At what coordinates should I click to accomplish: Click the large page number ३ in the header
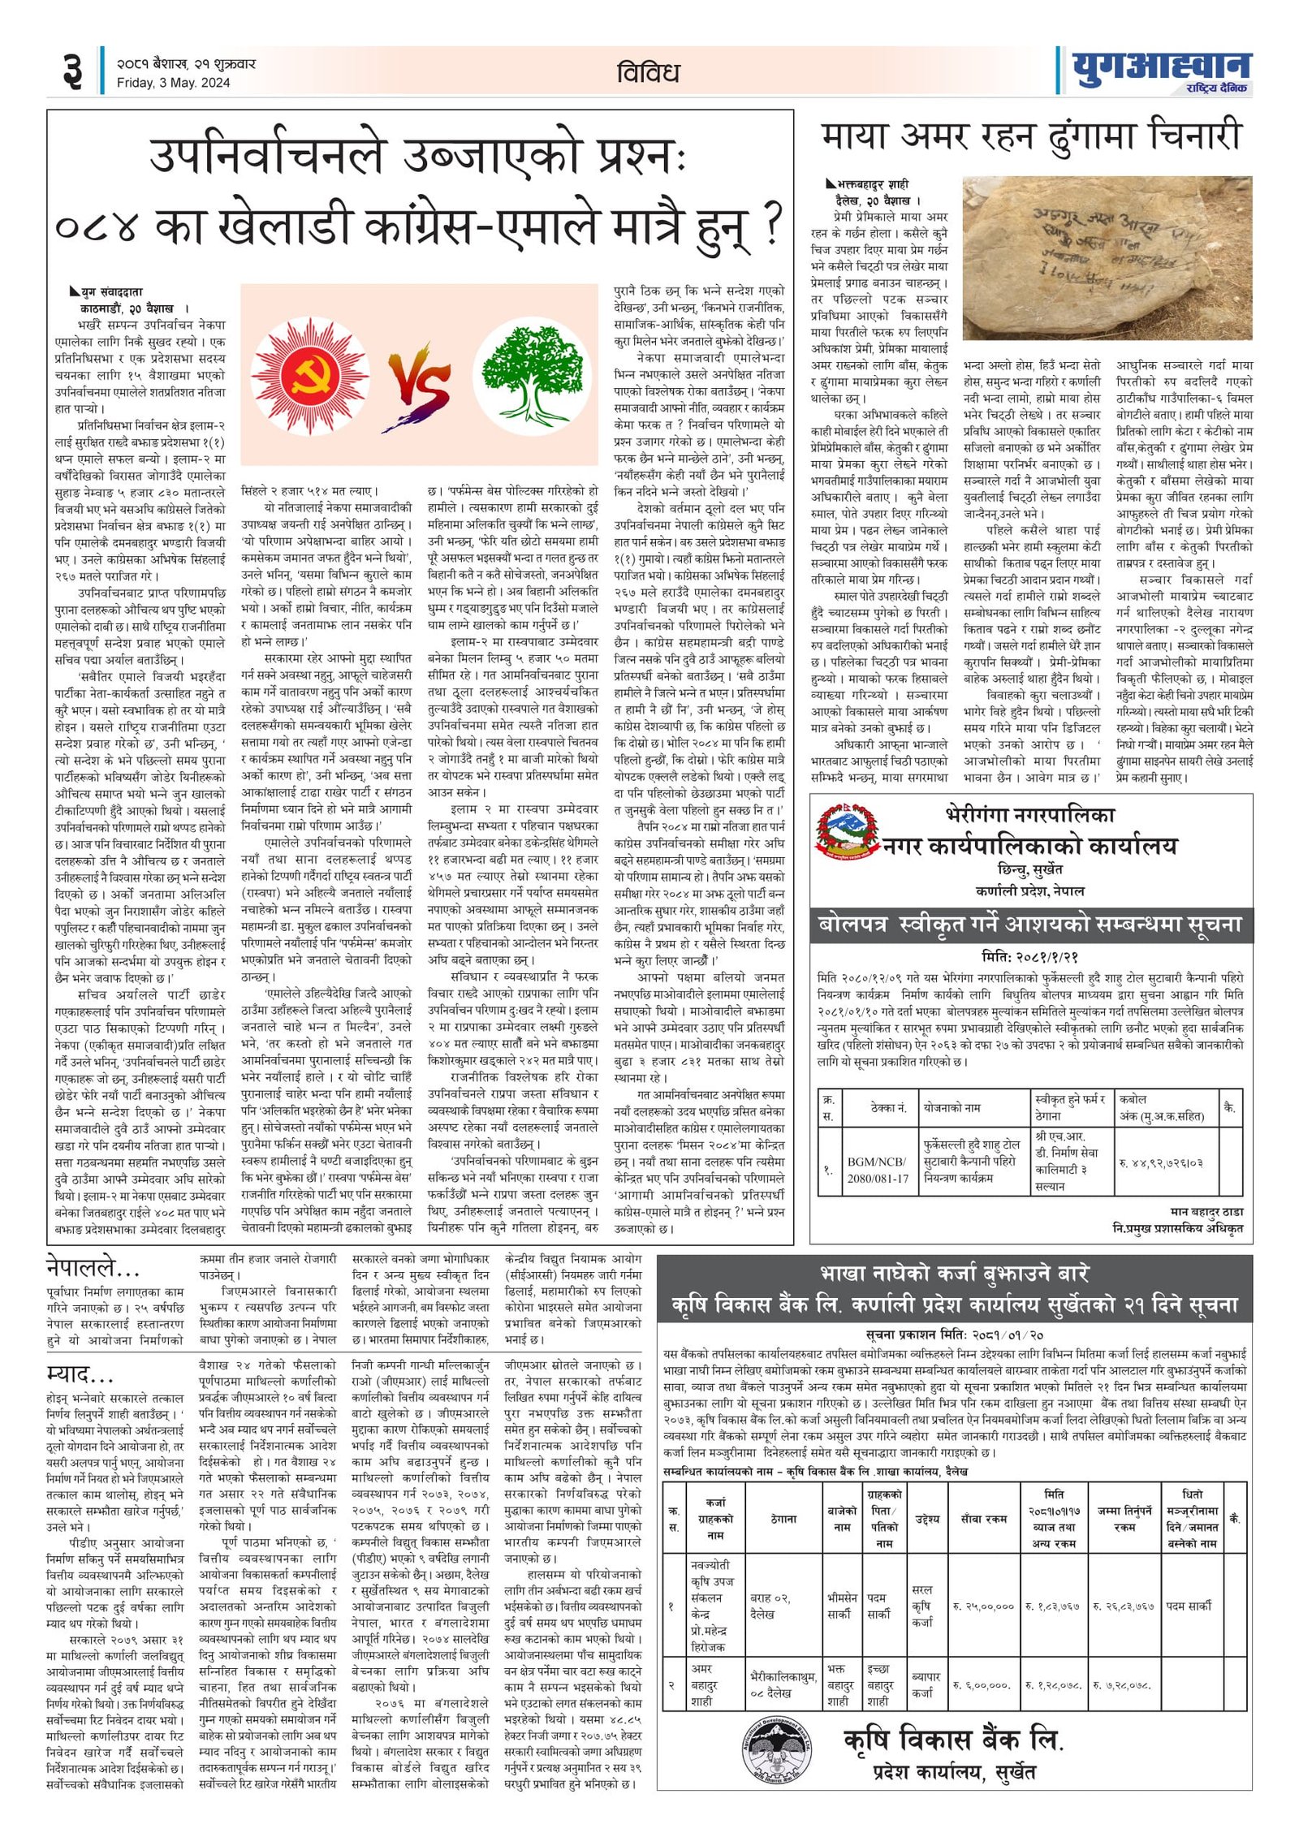tap(73, 71)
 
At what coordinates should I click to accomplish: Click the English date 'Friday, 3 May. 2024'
tap(173, 83)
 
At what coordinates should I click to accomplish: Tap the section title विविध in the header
tap(647, 73)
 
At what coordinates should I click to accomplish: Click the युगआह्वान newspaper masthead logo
tap(1161, 70)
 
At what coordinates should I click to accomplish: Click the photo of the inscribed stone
tap(1107, 261)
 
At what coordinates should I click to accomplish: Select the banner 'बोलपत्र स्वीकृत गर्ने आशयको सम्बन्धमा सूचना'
tap(1030, 925)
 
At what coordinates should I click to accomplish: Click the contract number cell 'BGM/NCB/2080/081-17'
tap(878, 1171)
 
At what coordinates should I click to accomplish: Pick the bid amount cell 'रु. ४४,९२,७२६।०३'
tap(1161, 1163)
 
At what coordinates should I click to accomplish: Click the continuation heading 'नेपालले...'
tap(93, 1269)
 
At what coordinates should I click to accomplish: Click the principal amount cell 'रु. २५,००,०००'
tap(983, 1606)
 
